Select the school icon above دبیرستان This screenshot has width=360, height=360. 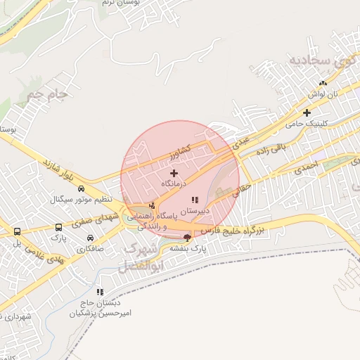click(x=195, y=200)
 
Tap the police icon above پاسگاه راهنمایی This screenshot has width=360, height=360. click(x=153, y=205)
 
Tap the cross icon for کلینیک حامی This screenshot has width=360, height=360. click(x=307, y=112)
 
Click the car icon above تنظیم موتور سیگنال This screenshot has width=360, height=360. click(x=82, y=188)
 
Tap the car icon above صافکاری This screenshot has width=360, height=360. click(x=90, y=238)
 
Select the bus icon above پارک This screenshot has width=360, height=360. click(x=58, y=227)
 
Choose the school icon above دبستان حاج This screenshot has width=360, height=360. click(x=101, y=292)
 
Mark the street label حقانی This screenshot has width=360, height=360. click(x=241, y=188)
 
